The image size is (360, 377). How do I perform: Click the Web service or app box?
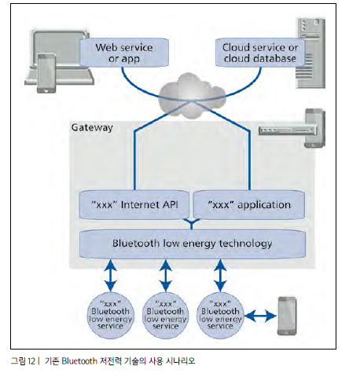click(x=123, y=53)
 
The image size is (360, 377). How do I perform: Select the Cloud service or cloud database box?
click(x=260, y=53)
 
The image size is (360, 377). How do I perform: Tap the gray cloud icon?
click(x=192, y=96)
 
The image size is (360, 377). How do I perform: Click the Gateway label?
click(x=92, y=127)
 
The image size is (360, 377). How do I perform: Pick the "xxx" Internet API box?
click(x=134, y=205)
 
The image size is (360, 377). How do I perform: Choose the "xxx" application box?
click(x=249, y=205)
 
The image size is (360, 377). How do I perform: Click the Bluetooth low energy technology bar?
click(x=193, y=243)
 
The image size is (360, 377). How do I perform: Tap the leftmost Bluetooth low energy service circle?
click(x=110, y=315)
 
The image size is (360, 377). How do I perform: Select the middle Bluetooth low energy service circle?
click(x=165, y=315)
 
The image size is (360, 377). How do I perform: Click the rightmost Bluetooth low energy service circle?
click(x=220, y=315)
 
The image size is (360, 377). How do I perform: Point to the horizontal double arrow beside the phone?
click(x=260, y=316)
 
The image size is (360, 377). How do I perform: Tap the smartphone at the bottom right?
click(x=287, y=316)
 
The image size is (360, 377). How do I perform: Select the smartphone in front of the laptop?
click(x=46, y=73)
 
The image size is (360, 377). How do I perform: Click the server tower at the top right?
click(x=311, y=53)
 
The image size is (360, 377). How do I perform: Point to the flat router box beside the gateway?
click(x=288, y=130)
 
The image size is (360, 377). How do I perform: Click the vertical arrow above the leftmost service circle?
click(x=111, y=276)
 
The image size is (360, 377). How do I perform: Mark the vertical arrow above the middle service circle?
click(x=166, y=276)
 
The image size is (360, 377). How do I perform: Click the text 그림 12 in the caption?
click(x=23, y=361)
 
